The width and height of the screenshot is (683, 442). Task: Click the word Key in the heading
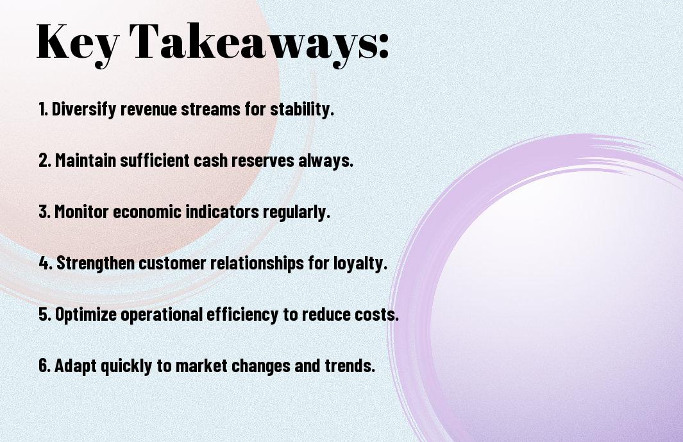(78, 44)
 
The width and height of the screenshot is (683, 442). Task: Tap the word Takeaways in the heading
(247, 44)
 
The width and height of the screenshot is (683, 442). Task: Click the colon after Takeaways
(383, 46)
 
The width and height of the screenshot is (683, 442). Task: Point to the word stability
(302, 108)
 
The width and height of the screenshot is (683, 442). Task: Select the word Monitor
(81, 212)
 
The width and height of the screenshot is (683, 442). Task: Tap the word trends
(350, 365)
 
